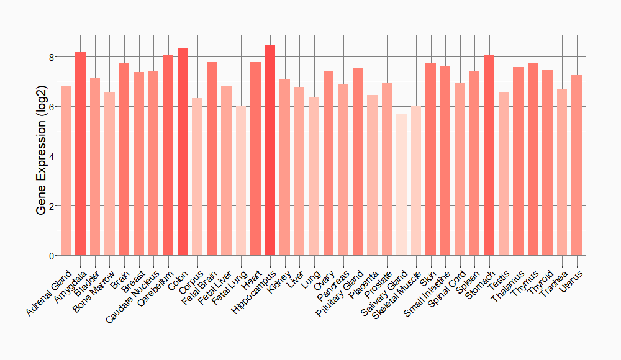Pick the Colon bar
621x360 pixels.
click(x=183, y=151)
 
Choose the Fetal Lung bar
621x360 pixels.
click(x=241, y=180)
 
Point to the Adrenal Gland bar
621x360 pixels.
click(x=66, y=171)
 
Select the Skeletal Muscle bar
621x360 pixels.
click(x=416, y=180)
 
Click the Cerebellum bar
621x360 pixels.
click(x=168, y=155)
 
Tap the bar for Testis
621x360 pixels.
click(x=504, y=173)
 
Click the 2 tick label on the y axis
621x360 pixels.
click(x=52, y=206)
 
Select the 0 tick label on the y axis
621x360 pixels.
click(x=52, y=256)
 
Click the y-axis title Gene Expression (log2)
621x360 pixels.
click(x=41, y=156)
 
